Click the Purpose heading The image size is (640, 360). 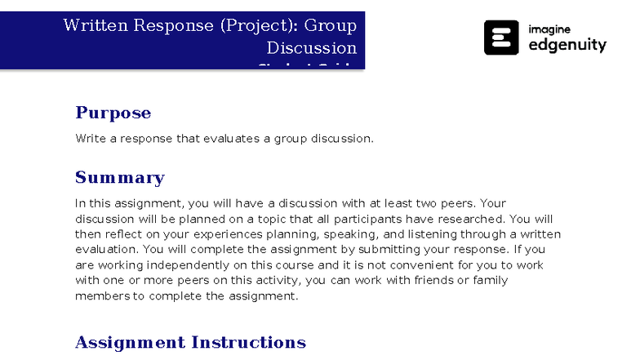113,113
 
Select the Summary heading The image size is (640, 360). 119,178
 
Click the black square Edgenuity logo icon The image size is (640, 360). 501,38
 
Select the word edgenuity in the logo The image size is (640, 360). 567,46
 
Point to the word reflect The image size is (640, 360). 127,234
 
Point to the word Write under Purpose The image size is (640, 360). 89,138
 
